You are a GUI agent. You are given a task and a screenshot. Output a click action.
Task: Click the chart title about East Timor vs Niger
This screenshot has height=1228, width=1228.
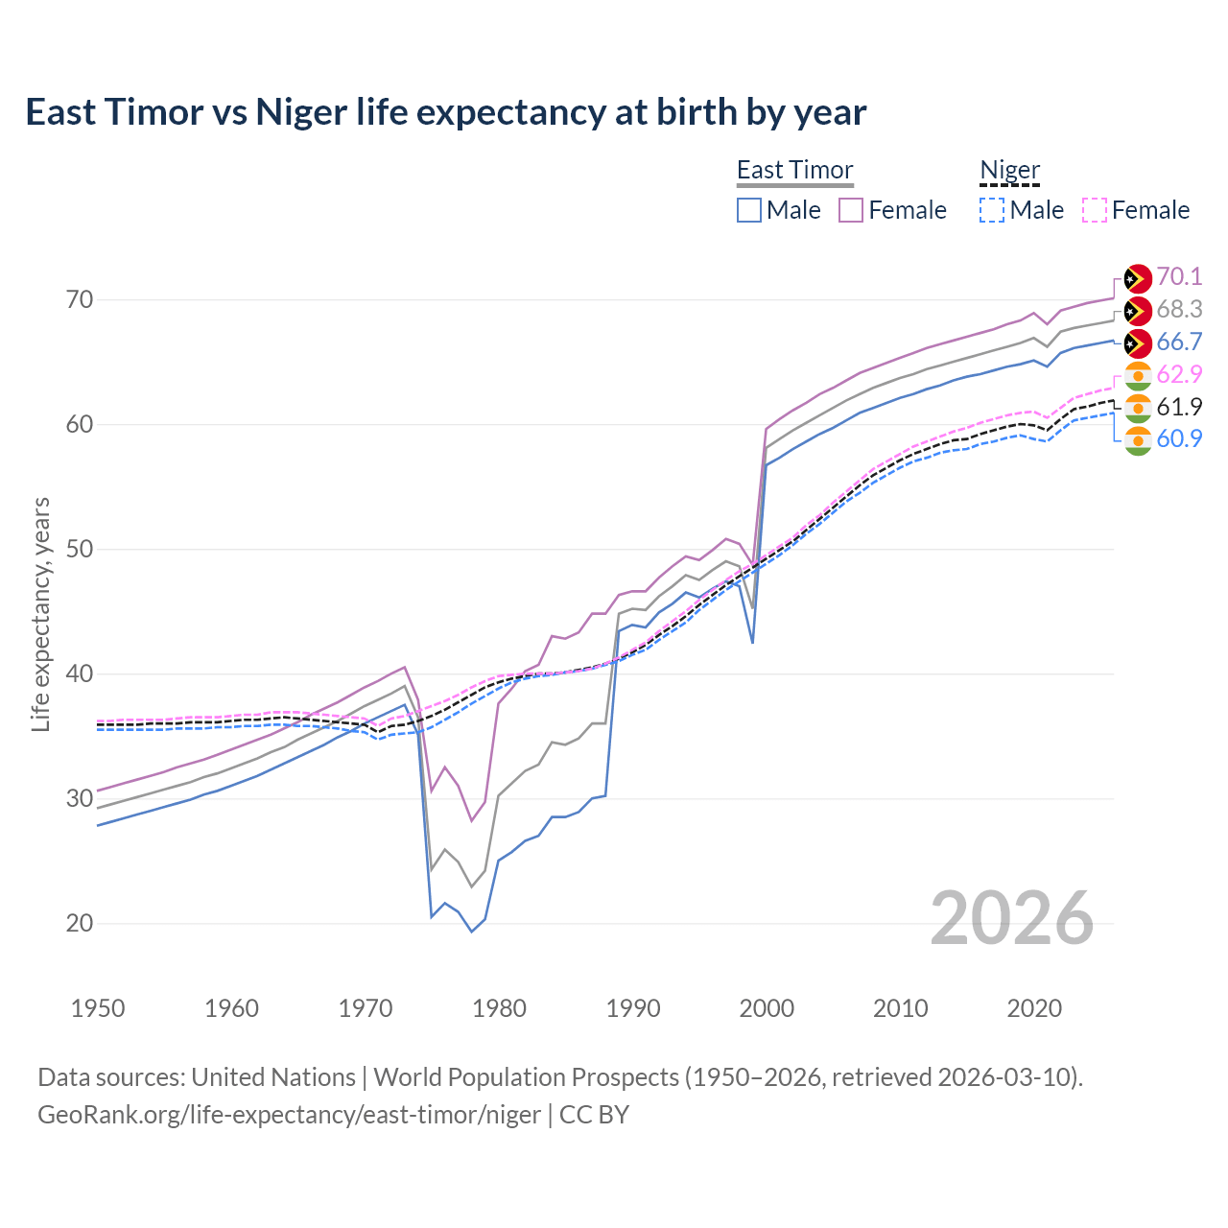click(446, 112)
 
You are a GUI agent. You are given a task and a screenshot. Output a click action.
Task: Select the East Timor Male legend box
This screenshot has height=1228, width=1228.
click(749, 210)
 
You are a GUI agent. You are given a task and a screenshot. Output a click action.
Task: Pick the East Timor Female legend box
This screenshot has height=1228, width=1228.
click(852, 210)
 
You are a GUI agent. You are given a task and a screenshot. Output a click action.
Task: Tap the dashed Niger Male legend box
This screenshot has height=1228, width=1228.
click(992, 210)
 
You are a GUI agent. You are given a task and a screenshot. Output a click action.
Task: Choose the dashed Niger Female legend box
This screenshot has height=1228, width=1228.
click(1095, 210)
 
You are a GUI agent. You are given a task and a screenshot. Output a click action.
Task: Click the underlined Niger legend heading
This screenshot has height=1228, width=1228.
click(1009, 171)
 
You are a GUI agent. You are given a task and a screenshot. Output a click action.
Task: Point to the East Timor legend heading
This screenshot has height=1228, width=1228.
click(794, 171)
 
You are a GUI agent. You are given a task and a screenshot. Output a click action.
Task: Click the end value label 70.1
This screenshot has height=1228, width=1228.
click(1179, 276)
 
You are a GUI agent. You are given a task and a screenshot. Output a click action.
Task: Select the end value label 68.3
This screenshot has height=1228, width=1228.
click(1179, 309)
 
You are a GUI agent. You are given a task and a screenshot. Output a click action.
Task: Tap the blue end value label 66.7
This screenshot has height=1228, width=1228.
click(1179, 342)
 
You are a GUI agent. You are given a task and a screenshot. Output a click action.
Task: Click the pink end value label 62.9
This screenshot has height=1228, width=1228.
click(1179, 374)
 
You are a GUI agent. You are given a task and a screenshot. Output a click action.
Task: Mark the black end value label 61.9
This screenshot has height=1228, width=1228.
click(1179, 407)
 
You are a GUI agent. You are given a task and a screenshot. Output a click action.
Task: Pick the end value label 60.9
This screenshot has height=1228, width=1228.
click(1179, 439)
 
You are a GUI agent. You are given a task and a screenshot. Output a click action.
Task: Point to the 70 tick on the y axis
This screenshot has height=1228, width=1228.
click(81, 300)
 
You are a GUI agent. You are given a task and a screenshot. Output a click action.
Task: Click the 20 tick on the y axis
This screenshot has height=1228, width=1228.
click(81, 924)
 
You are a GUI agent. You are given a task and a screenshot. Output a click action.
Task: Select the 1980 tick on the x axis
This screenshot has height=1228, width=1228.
click(500, 1008)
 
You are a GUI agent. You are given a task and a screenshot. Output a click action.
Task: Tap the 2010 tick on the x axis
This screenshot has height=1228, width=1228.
click(900, 1008)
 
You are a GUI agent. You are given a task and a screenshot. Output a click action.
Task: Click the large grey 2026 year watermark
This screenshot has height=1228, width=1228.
click(1011, 918)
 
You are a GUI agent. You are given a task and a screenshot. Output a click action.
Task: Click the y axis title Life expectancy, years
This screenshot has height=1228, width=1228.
click(41, 614)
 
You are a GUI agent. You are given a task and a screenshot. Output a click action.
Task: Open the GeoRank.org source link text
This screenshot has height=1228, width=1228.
click(289, 1115)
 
